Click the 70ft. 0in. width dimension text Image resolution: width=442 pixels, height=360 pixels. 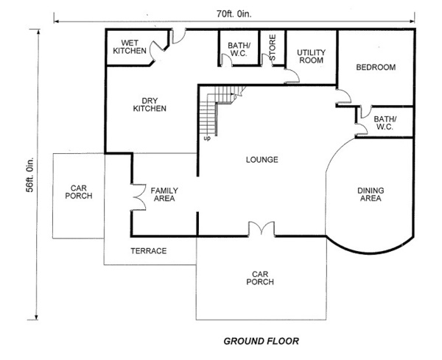click(x=234, y=14)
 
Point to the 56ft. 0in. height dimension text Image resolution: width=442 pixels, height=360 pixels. click(x=30, y=174)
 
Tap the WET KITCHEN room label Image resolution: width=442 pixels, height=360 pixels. click(x=130, y=47)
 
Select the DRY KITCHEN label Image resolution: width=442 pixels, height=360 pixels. click(x=150, y=105)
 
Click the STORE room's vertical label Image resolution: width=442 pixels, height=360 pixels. click(x=273, y=47)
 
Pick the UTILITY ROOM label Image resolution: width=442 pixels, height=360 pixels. click(x=311, y=57)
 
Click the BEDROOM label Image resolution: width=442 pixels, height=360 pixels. click(x=376, y=67)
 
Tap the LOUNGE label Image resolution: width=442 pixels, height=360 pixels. click(x=262, y=160)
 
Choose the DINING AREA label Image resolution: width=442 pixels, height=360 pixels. click(x=371, y=194)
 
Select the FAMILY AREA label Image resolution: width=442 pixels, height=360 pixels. click(x=164, y=194)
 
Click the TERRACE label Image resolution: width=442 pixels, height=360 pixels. click(x=149, y=251)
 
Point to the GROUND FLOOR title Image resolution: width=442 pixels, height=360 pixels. click(x=261, y=341)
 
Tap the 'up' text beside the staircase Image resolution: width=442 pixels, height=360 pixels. click(x=207, y=138)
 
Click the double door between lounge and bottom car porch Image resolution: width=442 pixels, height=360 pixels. click(x=262, y=229)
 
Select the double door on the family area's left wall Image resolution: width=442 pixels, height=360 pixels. click(x=138, y=197)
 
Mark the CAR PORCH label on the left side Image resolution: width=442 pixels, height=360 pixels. click(x=79, y=192)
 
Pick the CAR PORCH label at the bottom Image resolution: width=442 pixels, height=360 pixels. click(x=260, y=278)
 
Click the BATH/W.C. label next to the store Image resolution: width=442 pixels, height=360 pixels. click(x=239, y=49)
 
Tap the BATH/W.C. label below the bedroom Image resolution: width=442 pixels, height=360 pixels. click(x=385, y=123)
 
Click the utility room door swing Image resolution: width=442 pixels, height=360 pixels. click(x=292, y=76)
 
